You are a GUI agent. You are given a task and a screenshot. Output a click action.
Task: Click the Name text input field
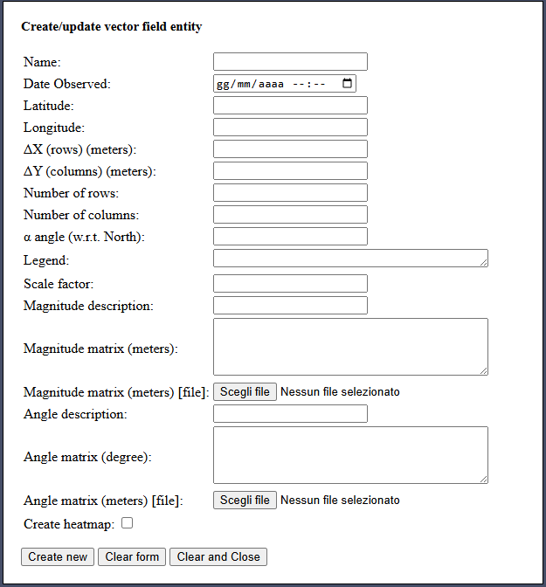(290, 62)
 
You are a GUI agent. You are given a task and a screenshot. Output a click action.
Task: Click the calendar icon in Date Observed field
(347, 84)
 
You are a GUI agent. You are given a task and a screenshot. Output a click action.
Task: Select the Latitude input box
(290, 106)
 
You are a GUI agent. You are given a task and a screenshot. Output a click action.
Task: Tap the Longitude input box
(290, 128)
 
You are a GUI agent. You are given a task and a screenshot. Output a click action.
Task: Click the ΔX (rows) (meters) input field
(290, 149)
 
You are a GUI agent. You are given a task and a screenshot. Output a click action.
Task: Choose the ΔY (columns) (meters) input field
(290, 171)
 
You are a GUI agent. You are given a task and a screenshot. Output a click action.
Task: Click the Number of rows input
(290, 193)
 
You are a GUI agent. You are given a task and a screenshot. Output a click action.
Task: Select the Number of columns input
(290, 215)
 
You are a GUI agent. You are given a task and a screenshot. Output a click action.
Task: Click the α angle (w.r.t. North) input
(290, 237)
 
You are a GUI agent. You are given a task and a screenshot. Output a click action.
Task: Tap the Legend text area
(349, 259)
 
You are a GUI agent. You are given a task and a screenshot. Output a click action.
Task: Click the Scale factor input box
(290, 284)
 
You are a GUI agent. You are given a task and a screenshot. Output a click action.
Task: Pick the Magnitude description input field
(290, 306)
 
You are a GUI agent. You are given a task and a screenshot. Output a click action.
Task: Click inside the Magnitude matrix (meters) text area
(349, 347)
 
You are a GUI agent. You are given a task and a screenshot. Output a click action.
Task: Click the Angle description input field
(290, 414)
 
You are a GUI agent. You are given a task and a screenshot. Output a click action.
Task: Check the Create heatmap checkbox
(128, 523)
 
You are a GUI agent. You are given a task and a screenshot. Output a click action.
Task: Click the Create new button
(58, 557)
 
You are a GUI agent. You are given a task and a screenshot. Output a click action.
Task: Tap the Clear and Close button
(218, 557)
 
